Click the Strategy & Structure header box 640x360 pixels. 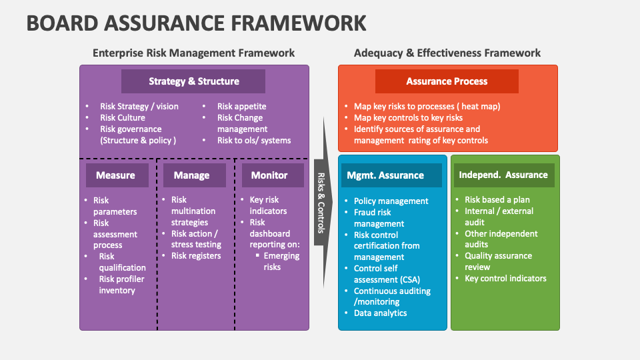(x=193, y=81)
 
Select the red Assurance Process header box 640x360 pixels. (x=447, y=81)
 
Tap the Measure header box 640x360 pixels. (x=115, y=175)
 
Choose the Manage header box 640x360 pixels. (x=192, y=175)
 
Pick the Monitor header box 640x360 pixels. (x=269, y=175)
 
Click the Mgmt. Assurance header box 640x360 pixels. (x=391, y=175)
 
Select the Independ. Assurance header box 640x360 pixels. (x=503, y=175)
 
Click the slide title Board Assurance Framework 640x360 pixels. (x=196, y=23)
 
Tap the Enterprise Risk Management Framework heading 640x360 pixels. (x=193, y=53)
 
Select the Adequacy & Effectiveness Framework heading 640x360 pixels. (x=447, y=53)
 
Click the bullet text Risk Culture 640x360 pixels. (x=123, y=117)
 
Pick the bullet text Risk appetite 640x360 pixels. (x=241, y=106)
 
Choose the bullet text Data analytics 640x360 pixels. (x=380, y=313)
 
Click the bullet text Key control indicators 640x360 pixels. (x=505, y=278)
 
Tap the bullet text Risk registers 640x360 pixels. (x=196, y=255)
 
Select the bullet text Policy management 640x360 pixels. (x=391, y=201)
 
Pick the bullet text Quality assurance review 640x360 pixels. (x=498, y=261)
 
